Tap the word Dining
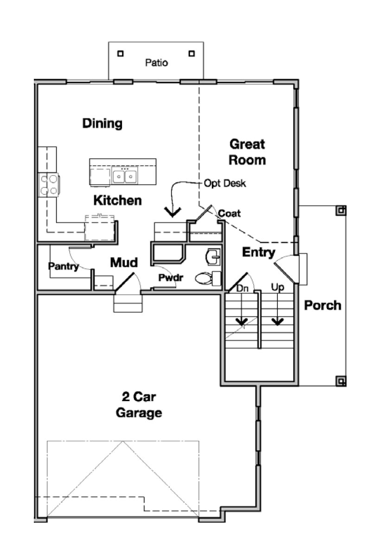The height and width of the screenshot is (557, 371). pyautogui.click(x=102, y=123)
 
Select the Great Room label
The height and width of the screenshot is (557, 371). pyautogui.click(x=248, y=152)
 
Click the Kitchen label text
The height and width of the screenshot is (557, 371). pyautogui.click(x=117, y=201)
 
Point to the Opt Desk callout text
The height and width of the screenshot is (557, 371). pyautogui.click(x=225, y=183)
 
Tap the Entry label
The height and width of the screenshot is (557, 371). pyautogui.click(x=259, y=253)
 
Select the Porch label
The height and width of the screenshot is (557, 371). pyautogui.click(x=323, y=305)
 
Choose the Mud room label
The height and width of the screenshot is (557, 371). pyautogui.click(x=124, y=263)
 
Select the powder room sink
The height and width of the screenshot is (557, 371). pyautogui.click(x=214, y=256)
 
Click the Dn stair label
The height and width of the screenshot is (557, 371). pyautogui.click(x=242, y=288)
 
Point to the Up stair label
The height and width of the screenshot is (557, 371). pyautogui.click(x=277, y=288)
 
